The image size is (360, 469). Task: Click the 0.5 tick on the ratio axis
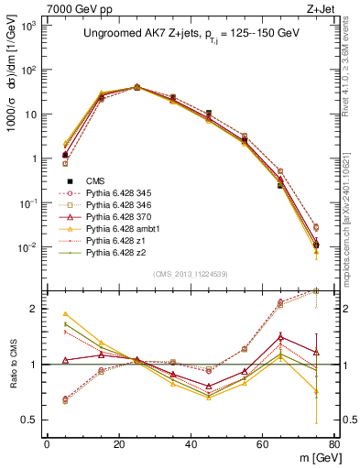point(33,420)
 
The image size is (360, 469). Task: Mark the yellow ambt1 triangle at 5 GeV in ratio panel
point(65,313)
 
